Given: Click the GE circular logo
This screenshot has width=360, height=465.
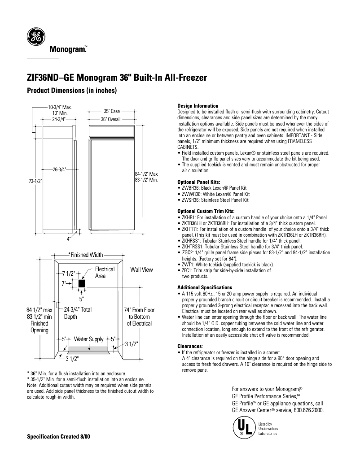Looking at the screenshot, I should pos(35,36).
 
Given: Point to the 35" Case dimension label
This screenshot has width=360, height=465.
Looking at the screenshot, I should pos(112,111).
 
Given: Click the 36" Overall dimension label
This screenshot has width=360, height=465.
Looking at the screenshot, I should pos(110,120).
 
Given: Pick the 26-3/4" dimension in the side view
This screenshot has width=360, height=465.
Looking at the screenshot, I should pos(59,169).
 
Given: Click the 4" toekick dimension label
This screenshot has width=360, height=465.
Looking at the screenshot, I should pos(69,239).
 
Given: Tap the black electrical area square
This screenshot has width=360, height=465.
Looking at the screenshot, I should pos(81,283).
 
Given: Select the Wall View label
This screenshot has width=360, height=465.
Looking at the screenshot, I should pos(141,269).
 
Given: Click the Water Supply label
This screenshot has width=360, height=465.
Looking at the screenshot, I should pos(88,339).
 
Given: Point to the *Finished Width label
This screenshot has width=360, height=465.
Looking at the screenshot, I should pos(85,255).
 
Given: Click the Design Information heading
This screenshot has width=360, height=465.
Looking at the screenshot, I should pos(198,106).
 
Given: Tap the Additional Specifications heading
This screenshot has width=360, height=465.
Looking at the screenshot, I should pos(205,287).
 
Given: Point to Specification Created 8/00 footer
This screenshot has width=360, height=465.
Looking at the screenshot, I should pos(58,437).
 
